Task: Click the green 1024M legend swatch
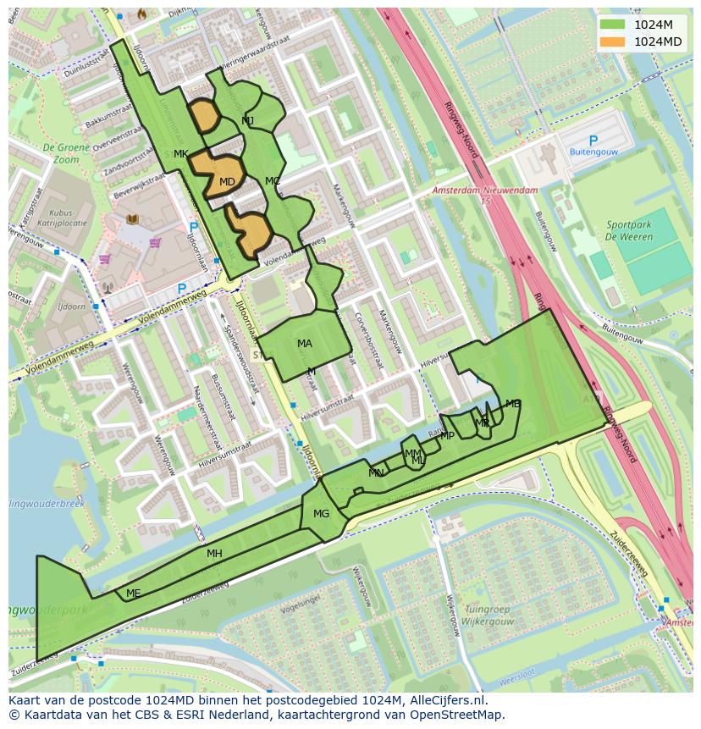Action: point(613,25)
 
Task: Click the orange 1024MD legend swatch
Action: point(613,41)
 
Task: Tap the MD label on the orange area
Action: point(227,182)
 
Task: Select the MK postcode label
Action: point(180,154)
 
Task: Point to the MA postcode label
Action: point(305,344)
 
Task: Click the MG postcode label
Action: point(321,514)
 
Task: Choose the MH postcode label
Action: point(214,554)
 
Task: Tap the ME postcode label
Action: point(133,594)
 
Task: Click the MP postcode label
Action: point(447,436)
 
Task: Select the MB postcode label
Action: point(512,404)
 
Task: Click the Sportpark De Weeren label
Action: point(629,231)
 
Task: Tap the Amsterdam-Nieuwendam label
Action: point(484,191)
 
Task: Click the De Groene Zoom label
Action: point(60,152)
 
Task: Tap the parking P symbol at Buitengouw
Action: point(593,141)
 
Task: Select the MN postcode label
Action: point(376,473)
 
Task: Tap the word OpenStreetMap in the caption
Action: point(457,715)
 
